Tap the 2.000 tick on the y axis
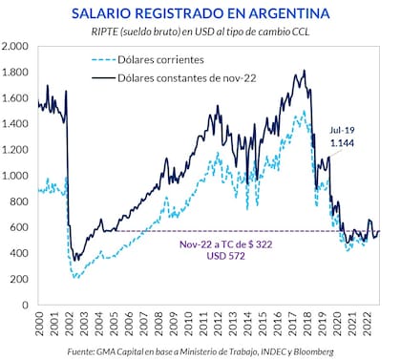pyautogui.click(x=16, y=47)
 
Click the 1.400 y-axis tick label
pyautogui.click(x=16, y=124)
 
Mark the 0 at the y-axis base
pyautogui.click(x=27, y=305)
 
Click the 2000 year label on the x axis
pyautogui.click(x=38, y=324)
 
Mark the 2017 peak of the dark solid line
pyautogui.click(x=304, y=71)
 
